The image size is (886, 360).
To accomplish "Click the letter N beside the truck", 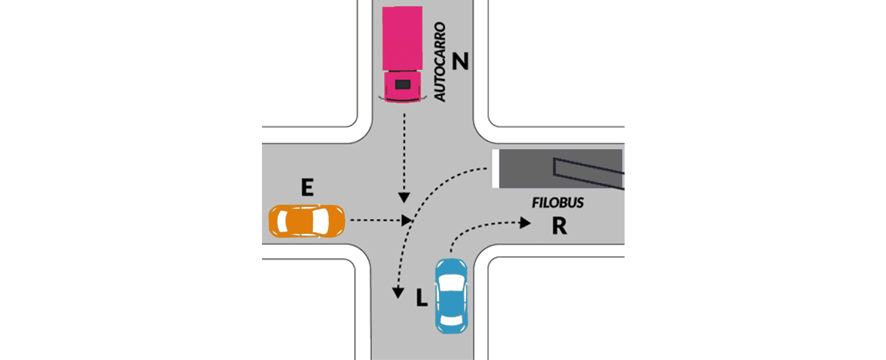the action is click(x=460, y=61).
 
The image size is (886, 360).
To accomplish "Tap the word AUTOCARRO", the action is click(x=440, y=61).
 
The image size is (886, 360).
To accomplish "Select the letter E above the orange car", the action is click(x=307, y=187).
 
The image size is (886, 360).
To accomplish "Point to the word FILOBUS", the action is click(x=557, y=203).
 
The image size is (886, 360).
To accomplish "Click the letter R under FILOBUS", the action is click(x=559, y=226).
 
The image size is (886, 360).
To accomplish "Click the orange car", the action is click(x=307, y=221).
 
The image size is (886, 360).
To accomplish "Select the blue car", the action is click(x=451, y=296).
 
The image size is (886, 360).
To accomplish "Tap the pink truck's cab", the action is click(x=403, y=86).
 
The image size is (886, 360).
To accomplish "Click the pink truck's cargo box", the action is click(x=402, y=38).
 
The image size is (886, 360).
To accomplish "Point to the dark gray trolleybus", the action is click(x=558, y=169).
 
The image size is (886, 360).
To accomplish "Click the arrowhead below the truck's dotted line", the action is click(x=404, y=198).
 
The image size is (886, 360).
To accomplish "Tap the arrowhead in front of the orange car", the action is click(x=406, y=220).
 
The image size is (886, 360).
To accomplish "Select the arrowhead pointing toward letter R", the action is click(x=525, y=223).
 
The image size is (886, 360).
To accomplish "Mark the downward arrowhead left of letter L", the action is click(x=398, y=292).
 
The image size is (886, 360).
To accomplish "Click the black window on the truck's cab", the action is click(x=403, y=84).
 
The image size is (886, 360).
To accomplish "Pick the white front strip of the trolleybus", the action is click(x=495, y=169).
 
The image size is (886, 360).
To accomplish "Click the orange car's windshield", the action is click(x=321, y=221).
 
